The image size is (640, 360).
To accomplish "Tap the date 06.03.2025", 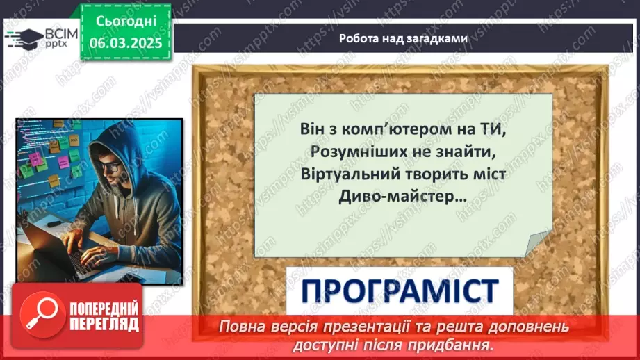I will point(124,42).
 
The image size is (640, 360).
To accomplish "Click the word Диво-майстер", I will point(383,197).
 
